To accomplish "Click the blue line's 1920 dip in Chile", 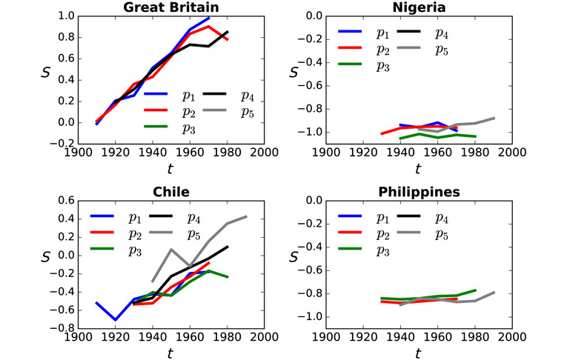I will [x=115, y=319].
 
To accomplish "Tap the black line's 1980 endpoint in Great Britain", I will [x=228, y=32].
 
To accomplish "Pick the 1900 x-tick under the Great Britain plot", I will [x=79, y=153].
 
